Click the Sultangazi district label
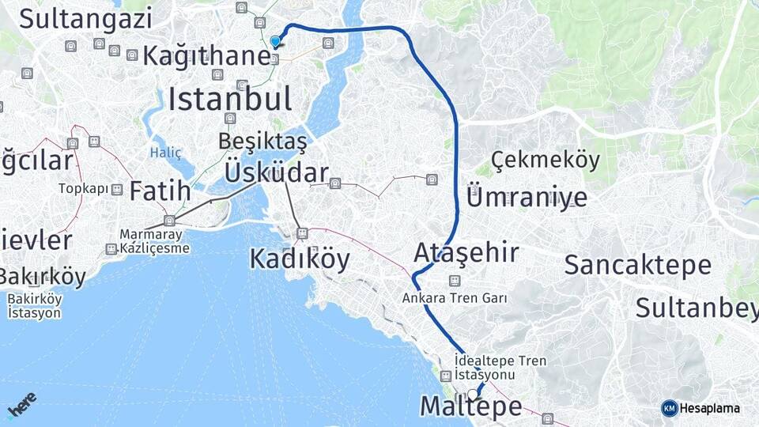click(85, 18)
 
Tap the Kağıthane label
click(206, 56)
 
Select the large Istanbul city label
click(229, 100)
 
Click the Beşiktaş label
click(262, 142)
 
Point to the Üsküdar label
click(276, 172)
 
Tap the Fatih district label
click(160, 191)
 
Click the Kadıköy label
click(299, 259)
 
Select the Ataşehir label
click(466, 253)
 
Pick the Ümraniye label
click(527, 197)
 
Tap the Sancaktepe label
click(637, 266)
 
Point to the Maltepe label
click(470, 407)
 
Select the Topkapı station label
click(82, 189)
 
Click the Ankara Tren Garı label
click(454, 299)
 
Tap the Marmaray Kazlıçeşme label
click(155, 241)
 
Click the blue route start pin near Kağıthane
click(275, 41)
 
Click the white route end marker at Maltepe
click(473, 395)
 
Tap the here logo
click(21, 405)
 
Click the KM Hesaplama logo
click(700, 408)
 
